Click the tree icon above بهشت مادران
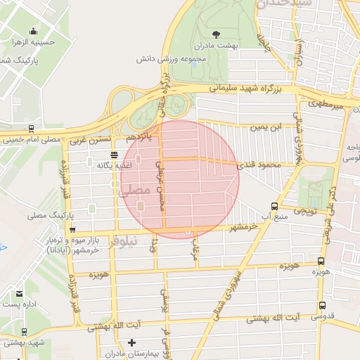tap(215, 33)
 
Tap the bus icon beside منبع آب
tap(274, 206)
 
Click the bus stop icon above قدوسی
tap(322, 306)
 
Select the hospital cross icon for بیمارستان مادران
tap(131, 342)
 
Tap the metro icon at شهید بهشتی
tap(25, 332)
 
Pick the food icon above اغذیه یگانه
tap(114, 154)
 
